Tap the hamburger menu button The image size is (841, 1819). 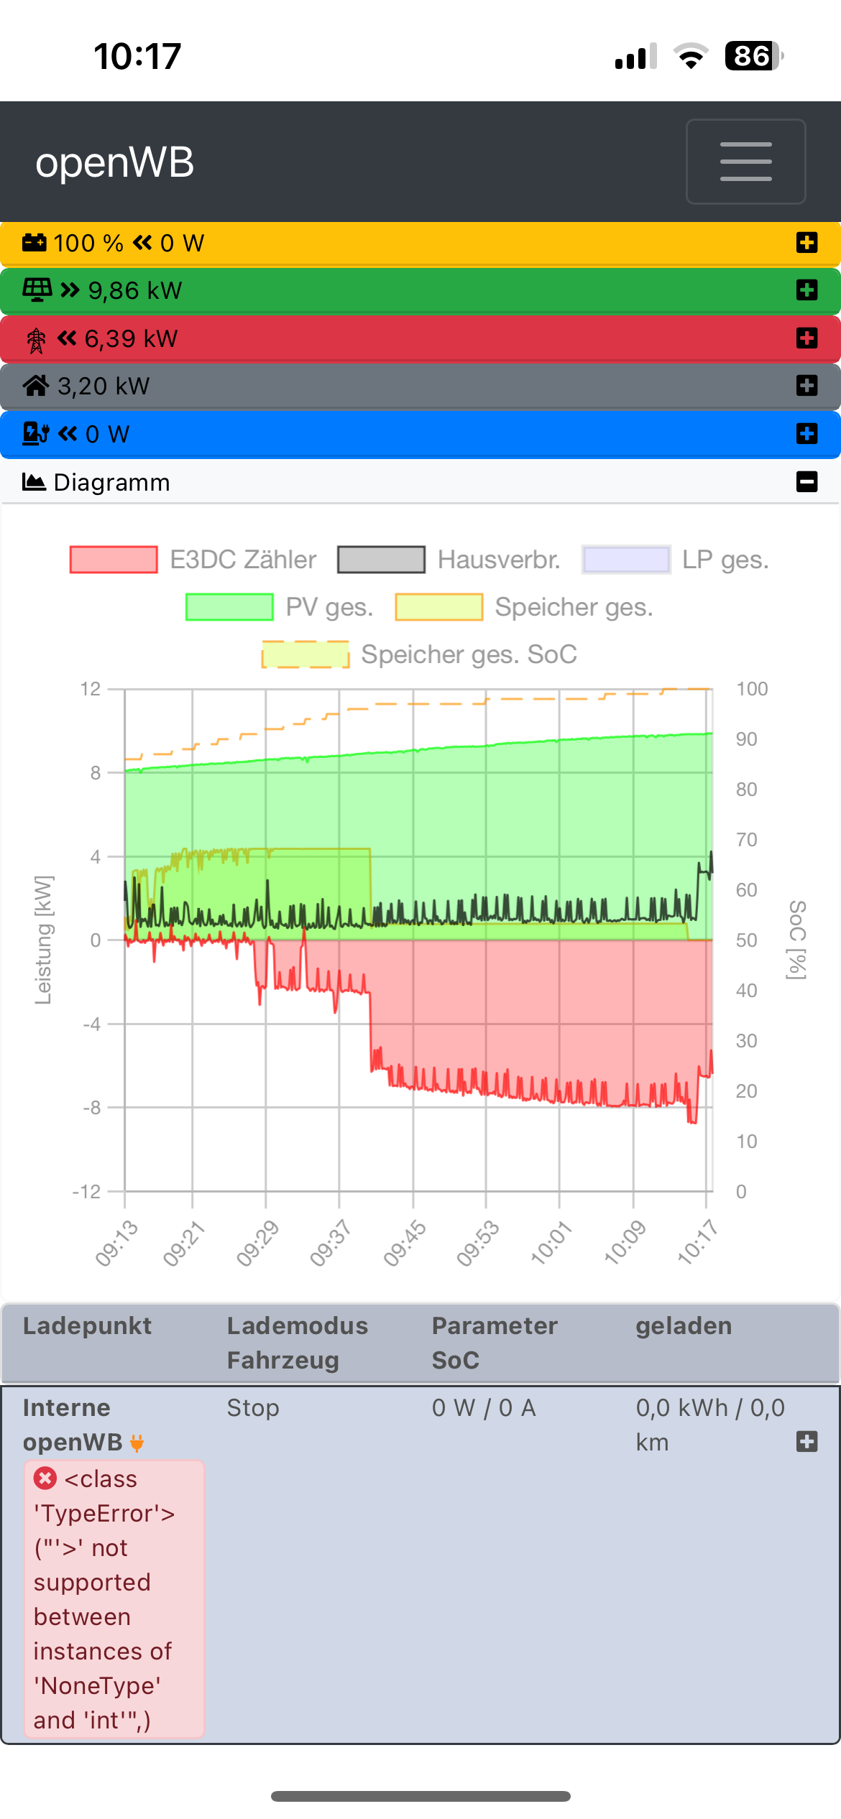(745, 162)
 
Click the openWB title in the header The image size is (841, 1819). (115, 162)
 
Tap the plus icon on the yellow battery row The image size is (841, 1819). (806, 243)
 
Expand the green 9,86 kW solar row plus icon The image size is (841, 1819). (806, 290)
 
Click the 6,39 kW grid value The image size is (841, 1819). (131, 338)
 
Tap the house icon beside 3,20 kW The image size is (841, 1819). (36, 386)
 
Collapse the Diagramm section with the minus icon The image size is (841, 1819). (806, 481)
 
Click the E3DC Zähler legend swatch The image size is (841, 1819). (114, 560)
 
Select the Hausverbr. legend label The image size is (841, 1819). (499, 560)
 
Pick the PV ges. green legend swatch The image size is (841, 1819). (229, 607)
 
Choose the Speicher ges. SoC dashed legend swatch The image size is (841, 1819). (305, 654)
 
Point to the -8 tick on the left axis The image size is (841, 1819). (92, 1108)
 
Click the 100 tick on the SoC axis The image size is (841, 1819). (752, 689)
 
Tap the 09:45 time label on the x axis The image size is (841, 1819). (405, 1243)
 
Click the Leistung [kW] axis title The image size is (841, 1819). (43, 940)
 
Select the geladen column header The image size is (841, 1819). (684, 1325)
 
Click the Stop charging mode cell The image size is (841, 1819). (253, 1408)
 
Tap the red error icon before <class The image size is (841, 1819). (45, 1478)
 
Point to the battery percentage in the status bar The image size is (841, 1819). (752, 56)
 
